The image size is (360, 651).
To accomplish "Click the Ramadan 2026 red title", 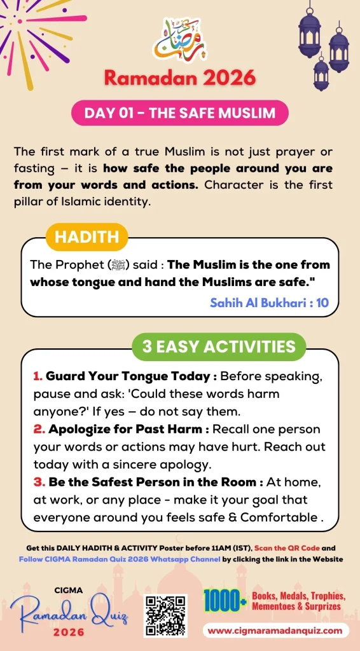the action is [180, 78].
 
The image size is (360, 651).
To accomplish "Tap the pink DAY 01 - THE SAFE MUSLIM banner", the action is [180, 114].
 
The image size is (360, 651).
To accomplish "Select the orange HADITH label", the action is [87, 237].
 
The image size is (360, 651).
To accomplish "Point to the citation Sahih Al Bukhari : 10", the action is [269, 303].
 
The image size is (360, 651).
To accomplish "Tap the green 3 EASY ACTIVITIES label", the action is [219, 346].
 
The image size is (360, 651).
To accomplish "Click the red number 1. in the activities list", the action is [38, 376].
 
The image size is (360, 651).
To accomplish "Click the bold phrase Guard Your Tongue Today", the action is [128, 376].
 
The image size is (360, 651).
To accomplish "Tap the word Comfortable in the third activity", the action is [277, 517].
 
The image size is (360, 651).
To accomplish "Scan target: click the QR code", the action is [165, 615].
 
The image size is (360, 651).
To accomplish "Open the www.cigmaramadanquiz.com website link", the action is [277, 631].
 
